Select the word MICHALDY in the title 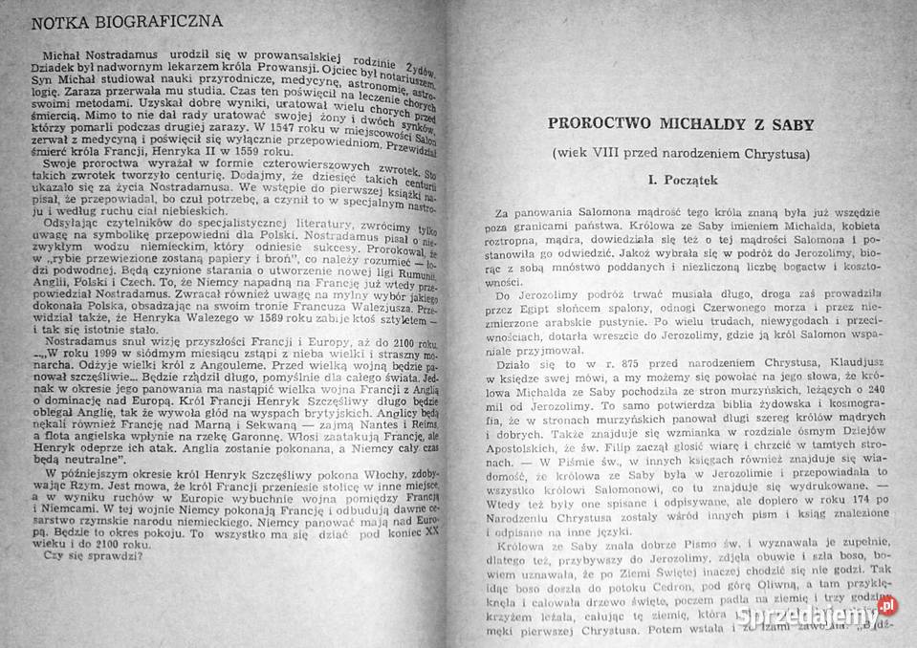[704, 124]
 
